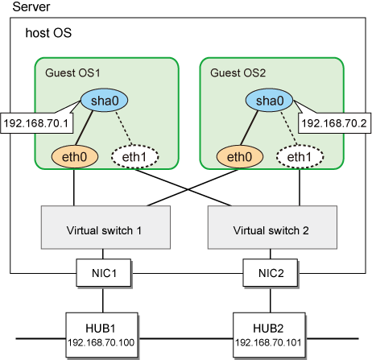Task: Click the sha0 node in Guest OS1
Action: coord(105,101)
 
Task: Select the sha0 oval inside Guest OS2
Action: coord(269,101)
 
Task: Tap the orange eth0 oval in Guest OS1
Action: coord(75,156)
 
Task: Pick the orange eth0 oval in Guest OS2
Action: coord(240,156)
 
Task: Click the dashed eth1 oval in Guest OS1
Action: coord(134,156)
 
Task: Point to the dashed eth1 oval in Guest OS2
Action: coord(300,156)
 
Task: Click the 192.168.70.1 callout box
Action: coord(37,123)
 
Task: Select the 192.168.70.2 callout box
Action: coord(335,123)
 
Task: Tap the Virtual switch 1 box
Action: coord(105,227)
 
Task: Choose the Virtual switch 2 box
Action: coord(272,227)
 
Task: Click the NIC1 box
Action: coord(104,273)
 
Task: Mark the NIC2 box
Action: coord(271,273)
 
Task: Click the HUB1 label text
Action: coord(100,328)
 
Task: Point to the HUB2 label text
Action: coord(268,328)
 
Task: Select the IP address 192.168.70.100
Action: coord(101,342)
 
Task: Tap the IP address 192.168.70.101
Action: coord(268,342)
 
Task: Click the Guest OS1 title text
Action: coord(72,72)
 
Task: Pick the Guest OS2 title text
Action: coord(238,72)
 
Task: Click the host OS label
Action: coord(48,33)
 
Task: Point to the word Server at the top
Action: coord(31,6)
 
